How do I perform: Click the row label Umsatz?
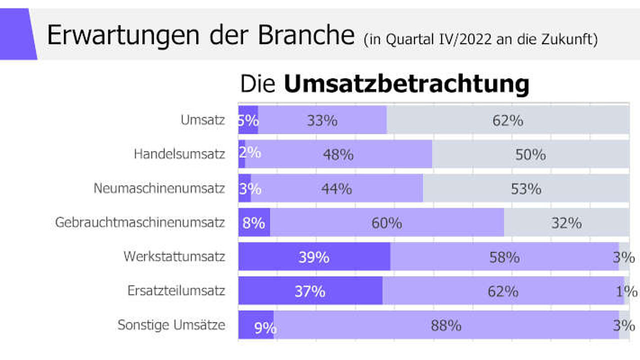click(x=202, y=120)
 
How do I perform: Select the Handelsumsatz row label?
click(x=179, y=154)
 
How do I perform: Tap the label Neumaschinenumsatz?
click(x=159, y=188)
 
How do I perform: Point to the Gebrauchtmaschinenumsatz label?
click(x=140, y=222)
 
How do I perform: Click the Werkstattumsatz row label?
click(x=174, y=256)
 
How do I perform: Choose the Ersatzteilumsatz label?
click(x=176, y=290)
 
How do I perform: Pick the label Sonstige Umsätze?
click(x=171, y=325)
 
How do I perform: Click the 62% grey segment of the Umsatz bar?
click(x=508, y=119)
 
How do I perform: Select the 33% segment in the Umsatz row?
click(x=322, y=119)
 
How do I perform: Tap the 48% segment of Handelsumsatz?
click(x=338, y=154)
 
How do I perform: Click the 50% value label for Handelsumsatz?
click(x=530, y=154)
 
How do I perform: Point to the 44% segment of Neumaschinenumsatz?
click(x=337, y=188)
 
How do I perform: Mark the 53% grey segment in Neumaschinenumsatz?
click(x=526, y=188)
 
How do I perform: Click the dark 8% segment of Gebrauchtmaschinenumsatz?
click(x=254, y=222)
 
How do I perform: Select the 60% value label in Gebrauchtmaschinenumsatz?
click(x=387, y=223)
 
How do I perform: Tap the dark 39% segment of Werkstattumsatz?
click(x=314, y=256)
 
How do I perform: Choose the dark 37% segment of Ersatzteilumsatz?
click(x=310, y=290)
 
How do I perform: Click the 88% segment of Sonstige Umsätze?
click(x=446, y=325)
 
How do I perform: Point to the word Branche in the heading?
click(x=306, y=35)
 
